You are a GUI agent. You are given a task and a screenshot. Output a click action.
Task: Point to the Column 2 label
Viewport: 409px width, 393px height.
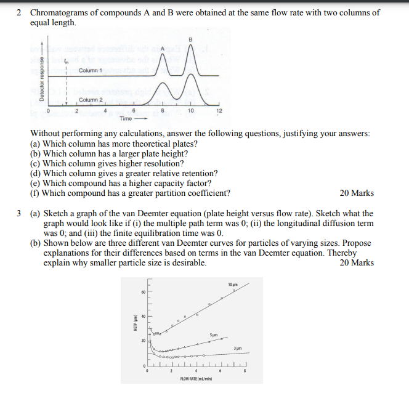[91, 100]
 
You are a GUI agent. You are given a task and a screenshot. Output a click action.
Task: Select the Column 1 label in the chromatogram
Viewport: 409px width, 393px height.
[91, 71]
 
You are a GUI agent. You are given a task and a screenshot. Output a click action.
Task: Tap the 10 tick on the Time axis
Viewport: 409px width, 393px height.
[190, 111]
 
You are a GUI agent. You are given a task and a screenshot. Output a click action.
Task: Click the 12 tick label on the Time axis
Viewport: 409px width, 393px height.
[219, 111]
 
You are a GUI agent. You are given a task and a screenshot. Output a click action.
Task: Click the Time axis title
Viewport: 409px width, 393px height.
[126, 118]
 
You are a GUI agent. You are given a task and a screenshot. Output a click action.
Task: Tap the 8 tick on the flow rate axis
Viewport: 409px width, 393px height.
[245, 371]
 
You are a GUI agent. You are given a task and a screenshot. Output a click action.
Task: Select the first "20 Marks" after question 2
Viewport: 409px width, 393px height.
[357, 193]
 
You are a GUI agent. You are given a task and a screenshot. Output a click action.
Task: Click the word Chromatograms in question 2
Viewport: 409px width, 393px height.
[59, 12]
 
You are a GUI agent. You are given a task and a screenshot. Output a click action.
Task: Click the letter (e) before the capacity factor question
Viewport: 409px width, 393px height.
[36, 183]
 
